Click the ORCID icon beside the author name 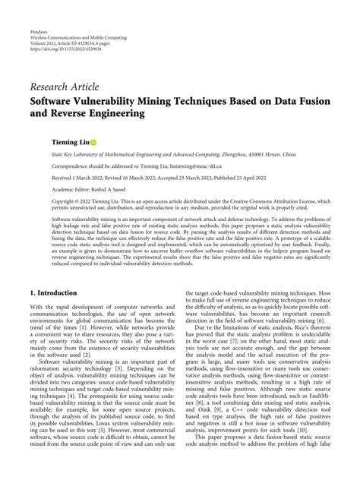(x=93, y=142)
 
